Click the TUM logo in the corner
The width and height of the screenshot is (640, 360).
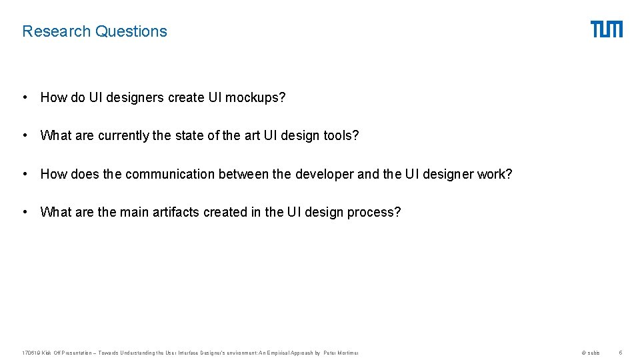click(x=606, y=29)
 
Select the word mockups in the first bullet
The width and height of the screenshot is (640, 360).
click(x=255, y=98)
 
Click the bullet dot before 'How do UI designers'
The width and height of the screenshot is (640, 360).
click(x=25, y=98)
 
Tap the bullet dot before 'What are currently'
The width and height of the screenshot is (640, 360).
click(x=25, y=136)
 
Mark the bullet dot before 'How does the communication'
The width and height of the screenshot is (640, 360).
click(x=25, y=175)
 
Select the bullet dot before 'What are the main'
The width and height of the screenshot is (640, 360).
click(x=25, y=213)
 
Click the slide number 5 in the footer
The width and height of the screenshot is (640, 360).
click(x=620, y=353)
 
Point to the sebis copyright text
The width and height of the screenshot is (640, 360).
click(x=591, y=353)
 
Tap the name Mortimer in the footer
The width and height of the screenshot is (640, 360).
click(x=348, y=353)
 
